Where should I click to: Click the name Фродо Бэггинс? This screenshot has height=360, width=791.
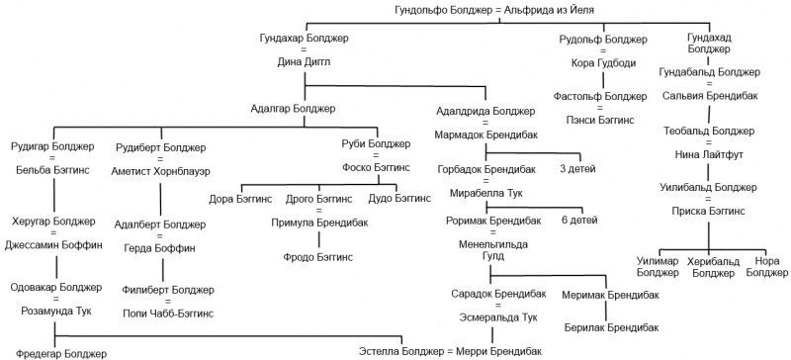[x=317, y=257]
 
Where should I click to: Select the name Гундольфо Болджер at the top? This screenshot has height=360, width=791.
[x=442, y=9]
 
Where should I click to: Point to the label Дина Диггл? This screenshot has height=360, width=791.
[x=304, y=61]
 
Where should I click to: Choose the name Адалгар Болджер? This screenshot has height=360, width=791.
[x=293, y=109]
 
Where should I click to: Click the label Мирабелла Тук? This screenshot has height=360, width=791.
[x=486, y=193]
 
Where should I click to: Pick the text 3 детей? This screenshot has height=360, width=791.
[x=577, y=169]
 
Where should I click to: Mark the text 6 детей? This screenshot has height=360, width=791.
[x=579, y=221]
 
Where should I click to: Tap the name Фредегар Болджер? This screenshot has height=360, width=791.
[x=61, y=353]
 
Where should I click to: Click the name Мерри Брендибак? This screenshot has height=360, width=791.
[x=499, y=351]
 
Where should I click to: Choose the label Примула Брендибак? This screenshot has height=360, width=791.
[x=319, y=223]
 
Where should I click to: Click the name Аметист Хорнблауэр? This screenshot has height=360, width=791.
[x=161, y=172]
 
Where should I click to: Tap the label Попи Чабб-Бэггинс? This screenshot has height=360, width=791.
[x=168, y=314]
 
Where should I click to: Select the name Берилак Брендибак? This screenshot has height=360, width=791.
[x=611, y=327]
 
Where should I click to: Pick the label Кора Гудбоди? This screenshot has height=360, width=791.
[x=603, y=63]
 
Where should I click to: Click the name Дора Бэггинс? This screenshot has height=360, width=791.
[x=240, y=199]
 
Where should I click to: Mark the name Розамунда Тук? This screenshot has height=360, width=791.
[x=56, y=311]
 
